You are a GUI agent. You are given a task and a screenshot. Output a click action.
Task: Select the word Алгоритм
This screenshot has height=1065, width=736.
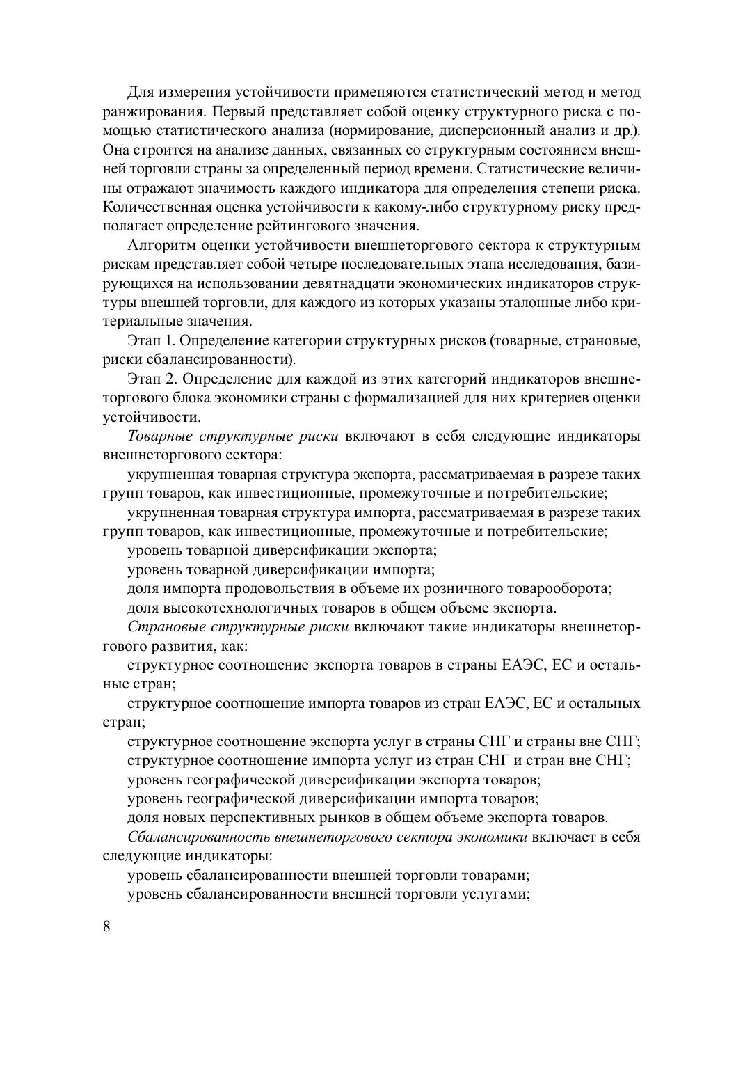click(x=161, y=246)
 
